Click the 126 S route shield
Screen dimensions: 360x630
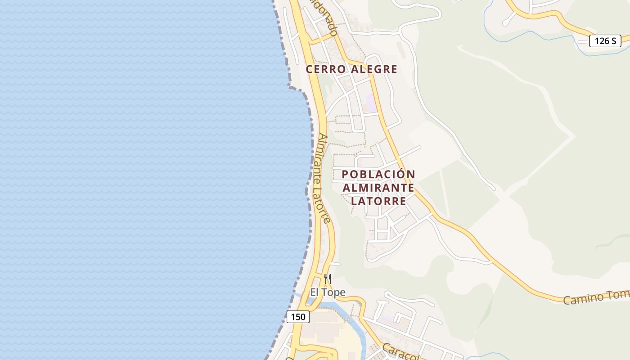[x=605, y=41]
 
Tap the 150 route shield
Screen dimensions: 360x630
[x=298, y=317]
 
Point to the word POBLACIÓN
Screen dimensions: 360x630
[x=378, y=174]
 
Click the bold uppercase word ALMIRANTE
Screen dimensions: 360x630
[x=378, y=187]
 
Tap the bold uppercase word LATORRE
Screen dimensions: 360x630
[x=378, y=201]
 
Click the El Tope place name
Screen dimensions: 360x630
[x=328, y=292]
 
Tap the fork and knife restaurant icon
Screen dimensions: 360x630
[x=328, y=279]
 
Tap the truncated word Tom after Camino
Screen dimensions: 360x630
[x=619, y=294]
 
